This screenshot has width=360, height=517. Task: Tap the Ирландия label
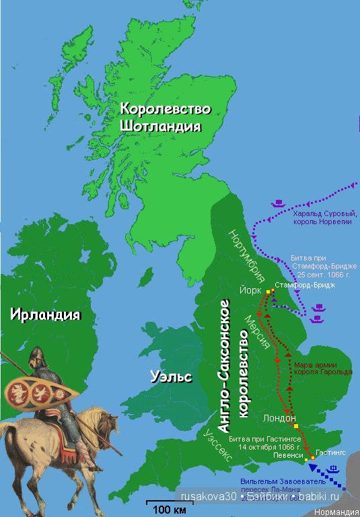(44, 314)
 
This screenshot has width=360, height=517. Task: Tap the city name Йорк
(250, 290)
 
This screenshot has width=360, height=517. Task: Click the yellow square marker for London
(295, 426)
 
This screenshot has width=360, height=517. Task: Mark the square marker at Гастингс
(313, 458)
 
